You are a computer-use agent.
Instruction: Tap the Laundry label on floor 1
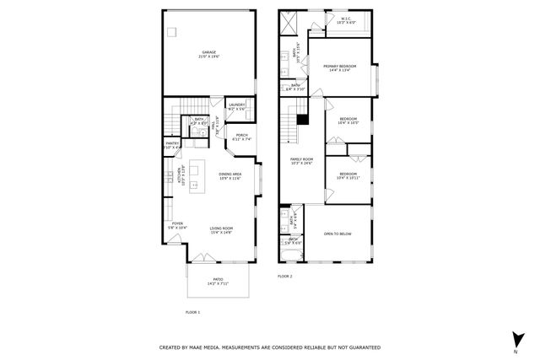236,106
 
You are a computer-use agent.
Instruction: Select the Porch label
242,137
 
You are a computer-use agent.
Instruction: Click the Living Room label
222,230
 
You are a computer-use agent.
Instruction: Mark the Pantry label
172,145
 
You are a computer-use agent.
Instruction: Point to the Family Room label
301,160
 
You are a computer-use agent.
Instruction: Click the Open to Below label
337,234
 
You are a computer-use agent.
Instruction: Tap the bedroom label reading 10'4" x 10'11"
348,175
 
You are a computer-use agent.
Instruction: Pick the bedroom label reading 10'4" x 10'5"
348,121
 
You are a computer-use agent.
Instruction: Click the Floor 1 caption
193,312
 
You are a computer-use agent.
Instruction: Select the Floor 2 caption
284,276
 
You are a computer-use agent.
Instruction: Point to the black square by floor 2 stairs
300,118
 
